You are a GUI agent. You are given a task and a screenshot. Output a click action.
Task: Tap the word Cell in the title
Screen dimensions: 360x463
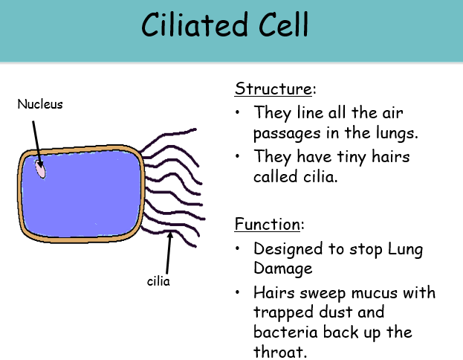point(279,28)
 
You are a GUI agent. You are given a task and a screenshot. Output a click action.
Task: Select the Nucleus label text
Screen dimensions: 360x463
point(40,105)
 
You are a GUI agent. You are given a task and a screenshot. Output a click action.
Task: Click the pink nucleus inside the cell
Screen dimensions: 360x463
point(40,170)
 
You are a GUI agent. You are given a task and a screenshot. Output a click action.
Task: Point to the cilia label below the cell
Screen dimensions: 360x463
point(159,282)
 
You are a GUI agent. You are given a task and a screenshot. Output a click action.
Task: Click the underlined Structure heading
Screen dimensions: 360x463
point(273,89)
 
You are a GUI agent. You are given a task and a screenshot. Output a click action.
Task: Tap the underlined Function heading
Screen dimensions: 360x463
point(270,224)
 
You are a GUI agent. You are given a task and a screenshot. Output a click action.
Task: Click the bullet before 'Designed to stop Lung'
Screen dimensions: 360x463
point(237,248)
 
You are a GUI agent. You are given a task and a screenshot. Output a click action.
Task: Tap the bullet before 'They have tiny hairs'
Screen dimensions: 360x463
point(237,157)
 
